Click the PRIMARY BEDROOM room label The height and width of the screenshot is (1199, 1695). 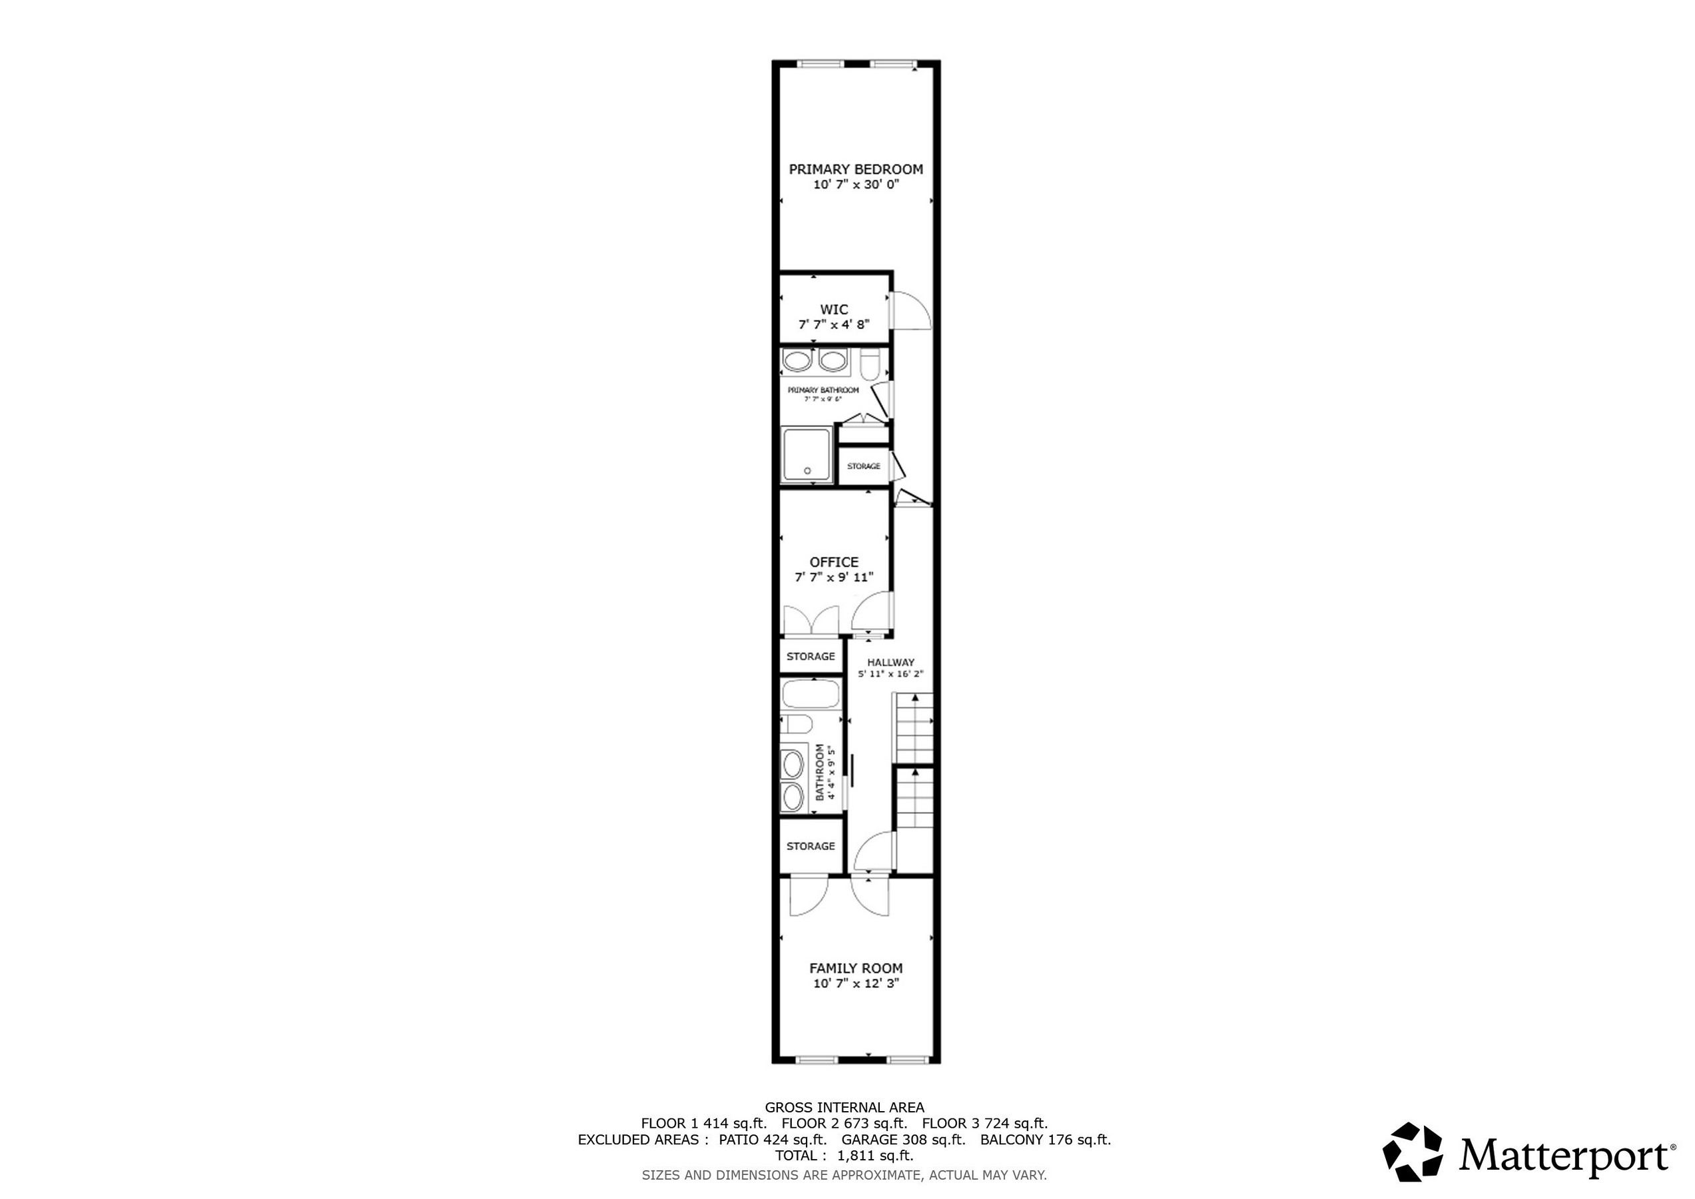point(856,169)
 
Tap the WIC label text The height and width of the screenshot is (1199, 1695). point(833,309)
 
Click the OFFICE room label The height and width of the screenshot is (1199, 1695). point(833,562)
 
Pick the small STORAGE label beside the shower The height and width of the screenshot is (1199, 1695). point(863,466)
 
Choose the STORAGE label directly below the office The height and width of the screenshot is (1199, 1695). point(811,656)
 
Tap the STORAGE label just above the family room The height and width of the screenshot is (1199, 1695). point(811,846)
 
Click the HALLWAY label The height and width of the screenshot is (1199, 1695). point(890,662)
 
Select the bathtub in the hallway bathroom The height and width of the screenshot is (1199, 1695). point(811,695)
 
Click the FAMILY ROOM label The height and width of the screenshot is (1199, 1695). point(856,968)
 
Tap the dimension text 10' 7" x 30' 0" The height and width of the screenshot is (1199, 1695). point(856,185)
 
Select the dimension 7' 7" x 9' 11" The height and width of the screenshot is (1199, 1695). point(833,578)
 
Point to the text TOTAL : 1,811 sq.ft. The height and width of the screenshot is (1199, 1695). point(844,1156)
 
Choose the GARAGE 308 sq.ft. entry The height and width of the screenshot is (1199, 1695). point(903,1139)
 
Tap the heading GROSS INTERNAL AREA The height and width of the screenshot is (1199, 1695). point(844,1108)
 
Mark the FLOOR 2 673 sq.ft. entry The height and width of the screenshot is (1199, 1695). point(844,1124)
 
